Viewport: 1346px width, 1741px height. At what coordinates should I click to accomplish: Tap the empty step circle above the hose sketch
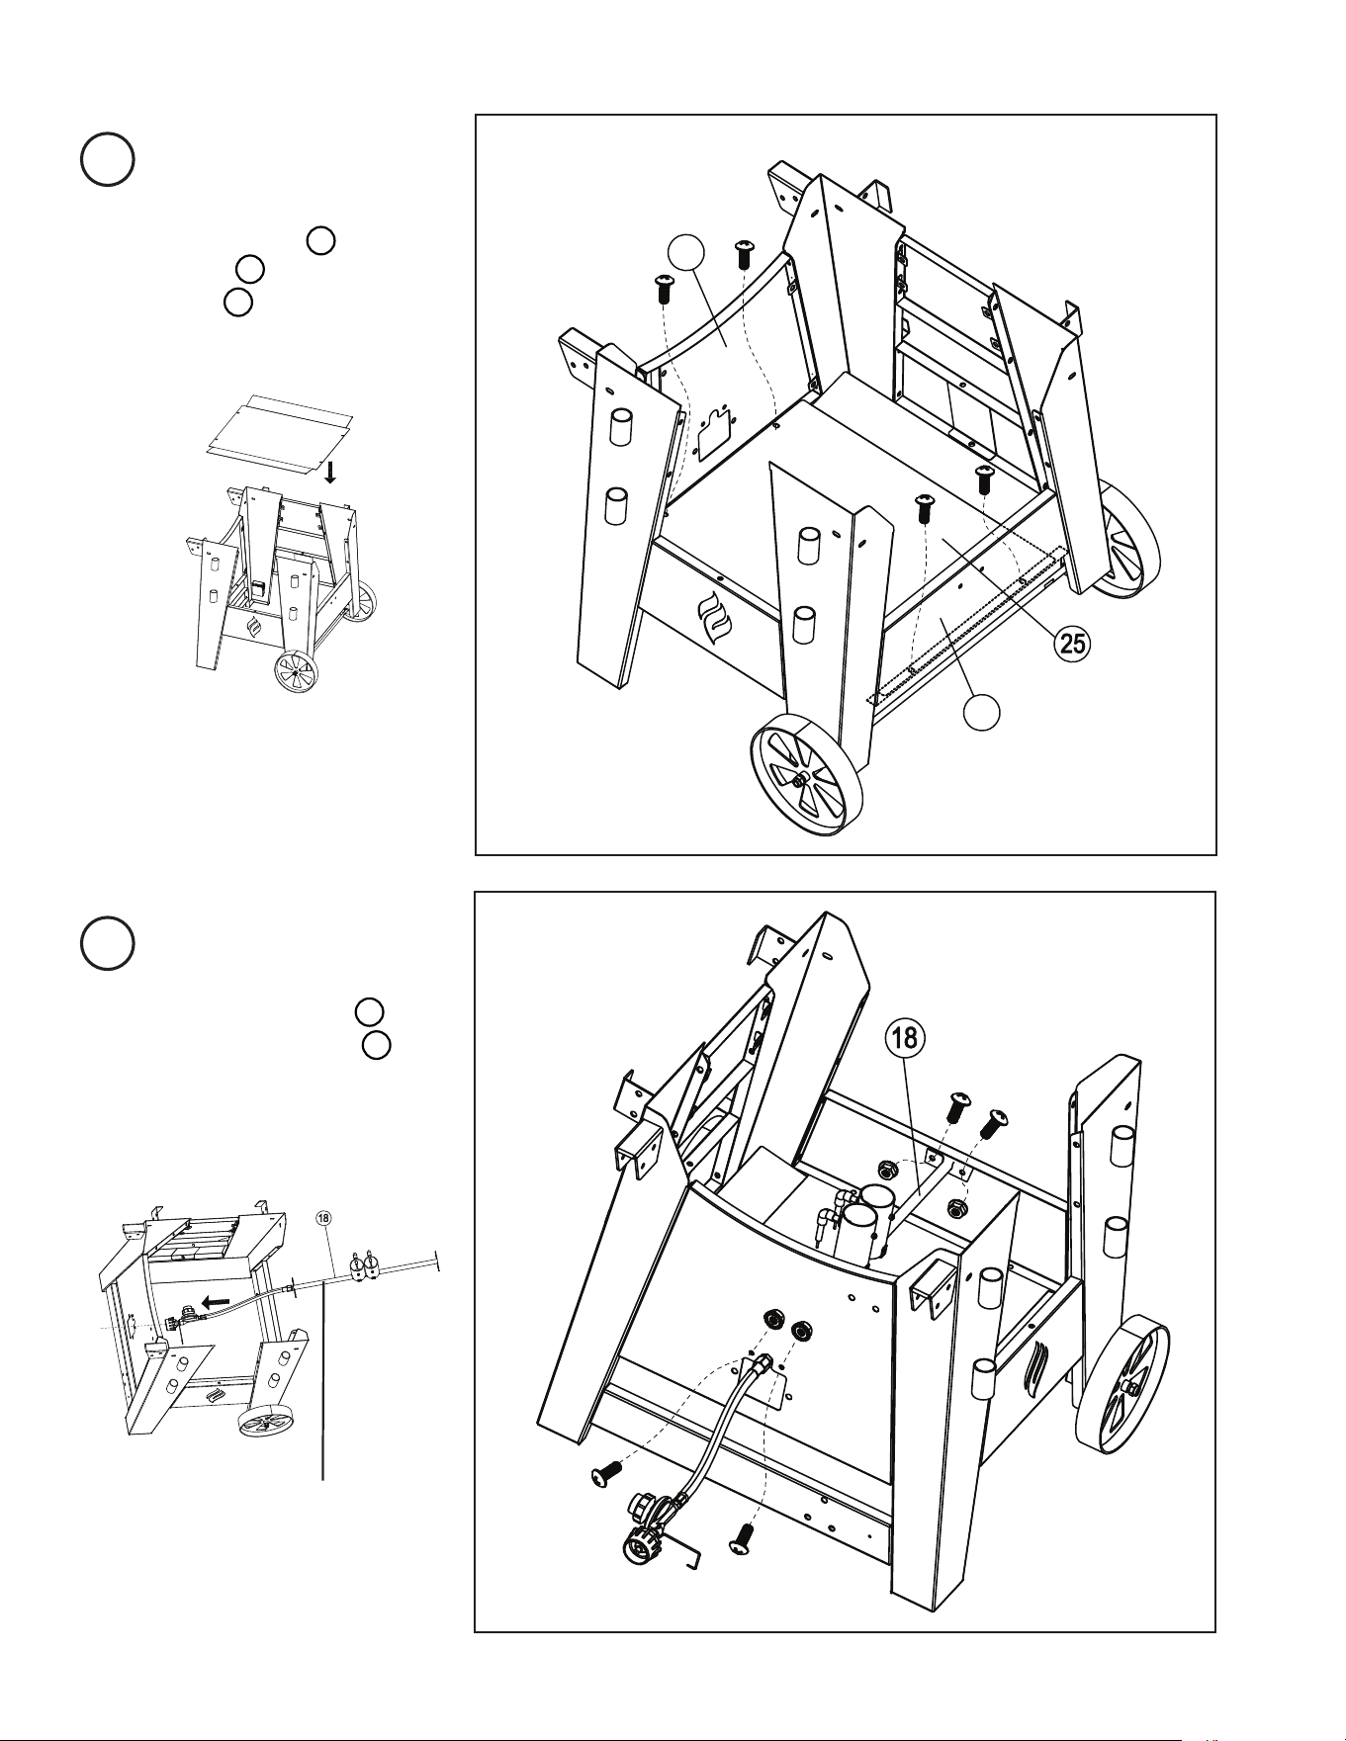click(x=107, y=943)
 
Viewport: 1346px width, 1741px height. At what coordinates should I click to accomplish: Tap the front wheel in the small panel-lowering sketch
click(x=295, y=672)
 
